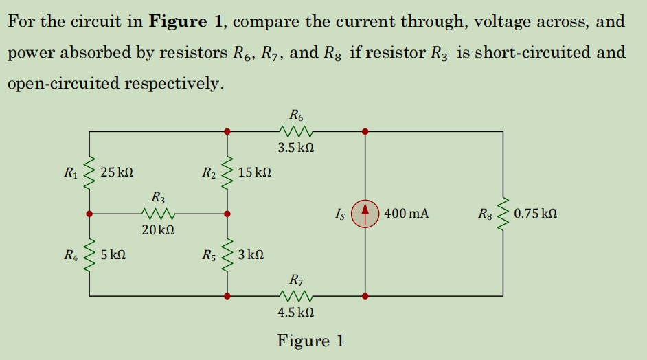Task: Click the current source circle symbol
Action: click(x=365, y=214)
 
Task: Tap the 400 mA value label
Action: click(x=406, y=214)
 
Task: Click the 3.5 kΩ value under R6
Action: click(x=296, y=148)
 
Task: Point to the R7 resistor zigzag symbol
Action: click(x=297, y=297)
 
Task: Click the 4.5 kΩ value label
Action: click(x=296, y=313)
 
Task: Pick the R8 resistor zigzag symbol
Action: click(x=503, y=214)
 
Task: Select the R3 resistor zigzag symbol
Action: click(x=159, y=214)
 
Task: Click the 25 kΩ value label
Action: click(x=117, y=172)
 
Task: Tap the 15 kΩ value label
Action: click(x=255, y=172)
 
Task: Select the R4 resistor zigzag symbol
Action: click(x=89, y=255)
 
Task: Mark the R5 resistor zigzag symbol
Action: click(x=227, y=255)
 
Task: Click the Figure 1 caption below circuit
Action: click(x=310, y=341)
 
